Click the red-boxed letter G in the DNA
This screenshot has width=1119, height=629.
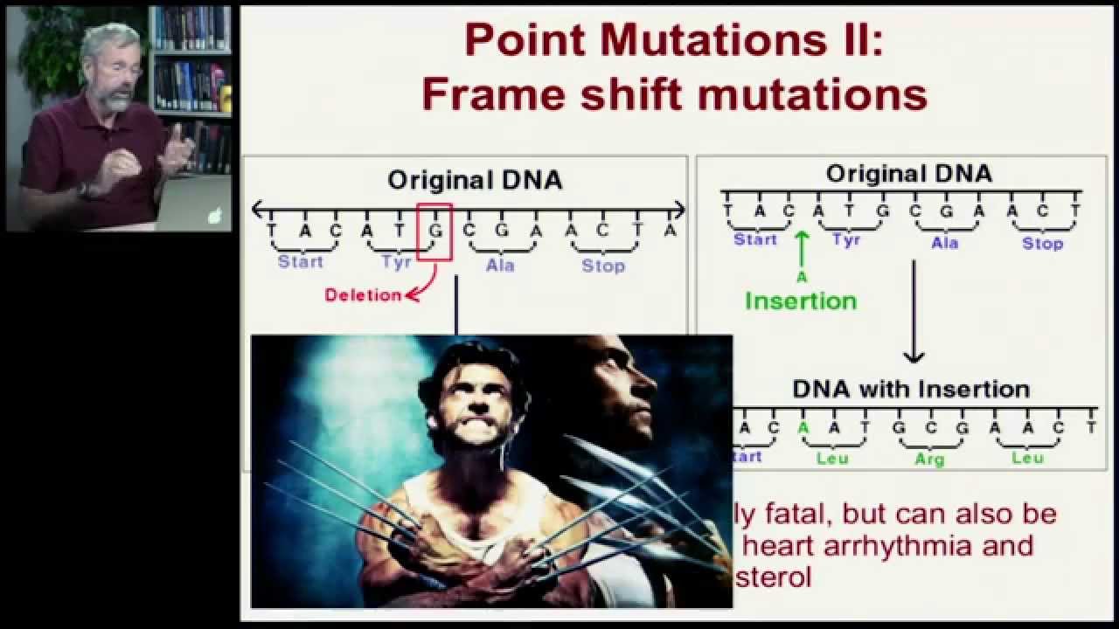(434, 231)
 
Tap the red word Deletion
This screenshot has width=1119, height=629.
(363, 295)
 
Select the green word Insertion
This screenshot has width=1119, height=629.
(801, 301)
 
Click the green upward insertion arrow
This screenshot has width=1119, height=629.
(802, 249)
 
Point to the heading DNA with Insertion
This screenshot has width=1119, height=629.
(911, 389)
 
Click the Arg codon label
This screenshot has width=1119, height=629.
(929, 459)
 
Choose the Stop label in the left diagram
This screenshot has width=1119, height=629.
(603, 266)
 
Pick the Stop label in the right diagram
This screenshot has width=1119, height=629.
(1043, 244)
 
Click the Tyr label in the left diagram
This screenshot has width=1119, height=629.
(396, 262)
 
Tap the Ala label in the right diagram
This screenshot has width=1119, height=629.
(944, 243)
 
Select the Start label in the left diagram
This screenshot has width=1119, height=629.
(300, 261)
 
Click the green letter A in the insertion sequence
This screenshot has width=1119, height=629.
(803, 428)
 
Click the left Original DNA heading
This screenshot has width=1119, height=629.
(475, 181)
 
